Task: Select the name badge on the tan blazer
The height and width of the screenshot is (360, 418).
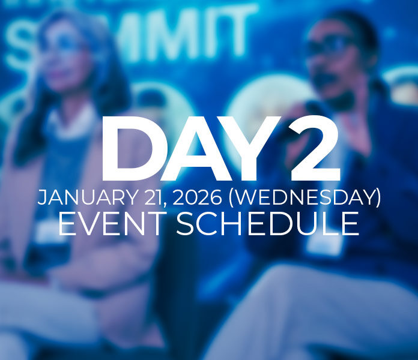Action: pos(48,231)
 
